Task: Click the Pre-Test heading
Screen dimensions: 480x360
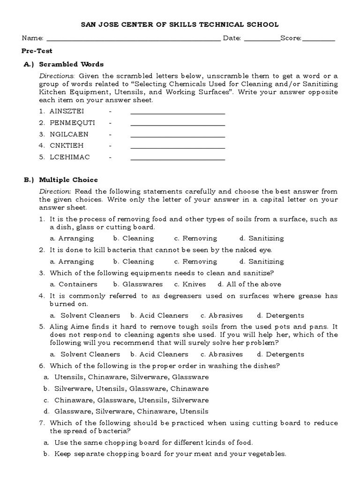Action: click(x=37, y=51)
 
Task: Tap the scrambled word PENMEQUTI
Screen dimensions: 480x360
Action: click(x=72, y=123)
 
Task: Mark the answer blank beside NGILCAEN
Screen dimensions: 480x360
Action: click(x=178, y=135)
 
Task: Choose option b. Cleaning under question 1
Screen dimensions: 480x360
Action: click(x=134, y=238)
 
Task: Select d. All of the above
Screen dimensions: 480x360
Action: click(x=249, y=284)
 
